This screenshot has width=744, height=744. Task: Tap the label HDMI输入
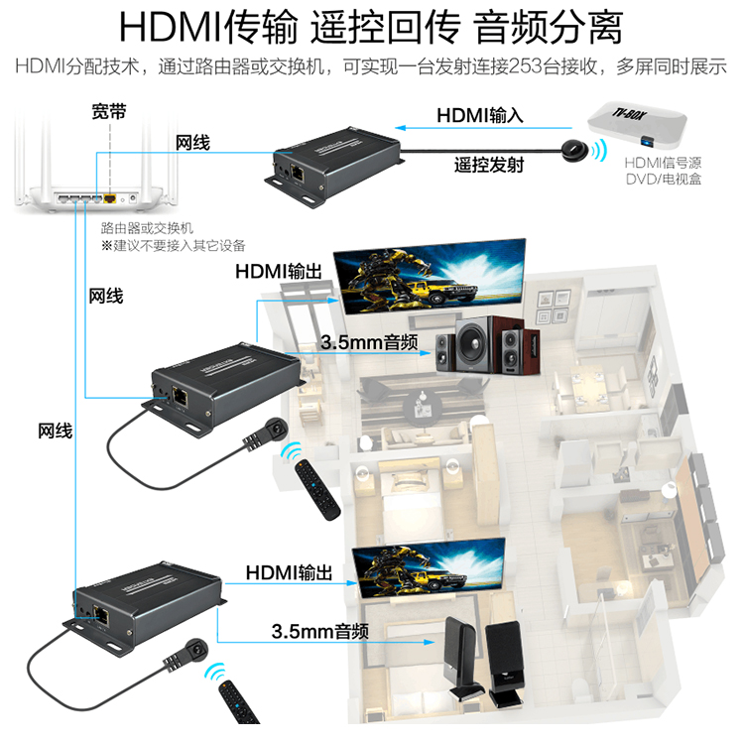pos(480,116)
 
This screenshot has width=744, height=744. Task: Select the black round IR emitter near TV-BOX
pos(573,151)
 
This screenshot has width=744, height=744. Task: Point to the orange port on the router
pos(109,198)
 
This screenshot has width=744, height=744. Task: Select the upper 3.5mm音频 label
pos(368,342)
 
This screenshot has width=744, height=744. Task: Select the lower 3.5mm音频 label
pos(320,631)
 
